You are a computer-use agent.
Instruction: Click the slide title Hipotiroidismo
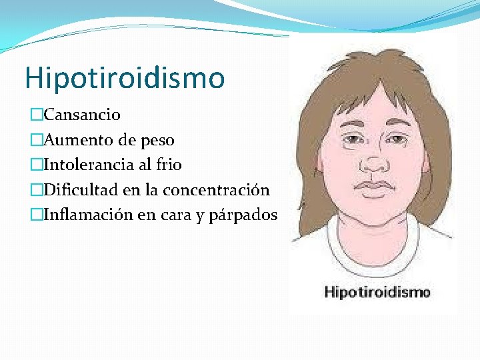125,78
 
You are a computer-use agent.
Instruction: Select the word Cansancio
82,115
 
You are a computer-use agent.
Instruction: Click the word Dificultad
81,190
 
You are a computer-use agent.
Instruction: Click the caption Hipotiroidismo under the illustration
377,292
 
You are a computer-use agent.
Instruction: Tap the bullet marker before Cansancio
35,115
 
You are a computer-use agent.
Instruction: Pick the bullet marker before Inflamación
35,215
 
